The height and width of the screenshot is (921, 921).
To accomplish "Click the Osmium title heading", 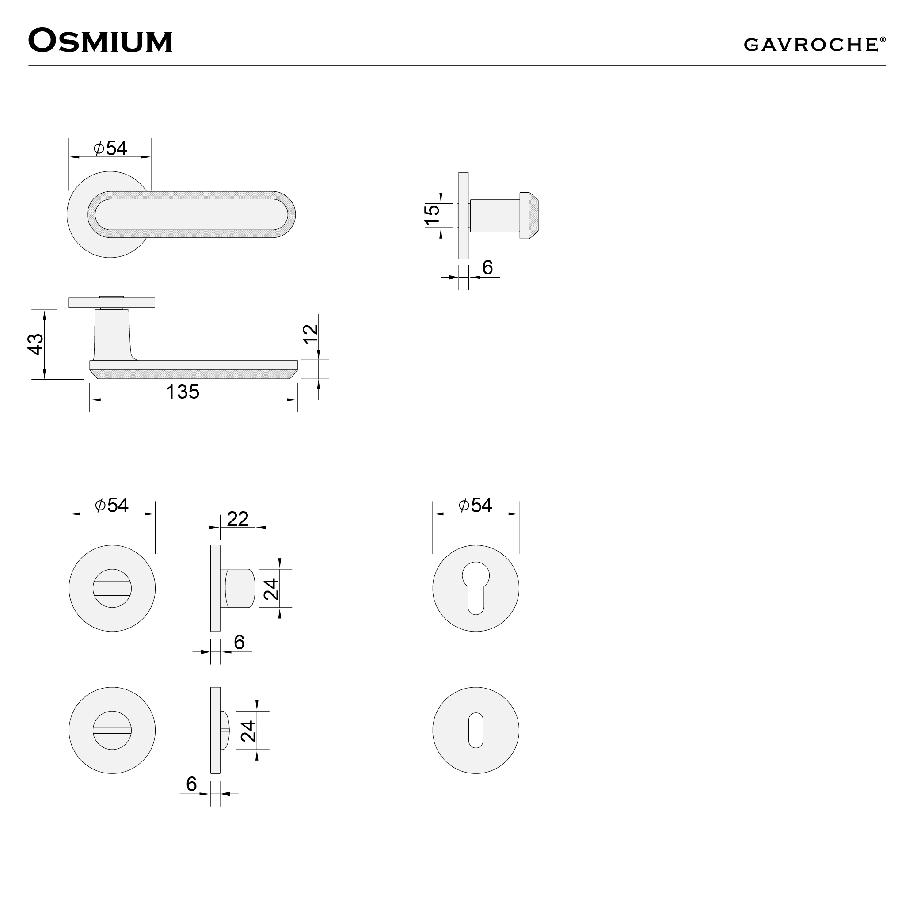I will point(100,41).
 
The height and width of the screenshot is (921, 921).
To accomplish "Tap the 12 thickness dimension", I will point(310,334).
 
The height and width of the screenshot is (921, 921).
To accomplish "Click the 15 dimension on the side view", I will point(432,216).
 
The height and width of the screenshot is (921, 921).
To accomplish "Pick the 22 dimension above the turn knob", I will point(237,519).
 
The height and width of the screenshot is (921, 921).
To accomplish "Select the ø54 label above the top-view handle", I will point(110,148).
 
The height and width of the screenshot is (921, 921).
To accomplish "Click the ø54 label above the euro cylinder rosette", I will point(475,505).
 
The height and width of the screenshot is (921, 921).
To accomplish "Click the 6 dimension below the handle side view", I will point(487,268).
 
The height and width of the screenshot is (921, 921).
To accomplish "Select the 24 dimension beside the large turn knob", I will point(272,589).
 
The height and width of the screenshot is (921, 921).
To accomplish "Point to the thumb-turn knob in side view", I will point(240,589).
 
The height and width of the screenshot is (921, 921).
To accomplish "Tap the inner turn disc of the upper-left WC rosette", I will point(112,589).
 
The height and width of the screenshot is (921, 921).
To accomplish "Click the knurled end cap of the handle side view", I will point(529,216).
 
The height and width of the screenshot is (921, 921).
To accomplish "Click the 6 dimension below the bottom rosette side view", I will point(192,784).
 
